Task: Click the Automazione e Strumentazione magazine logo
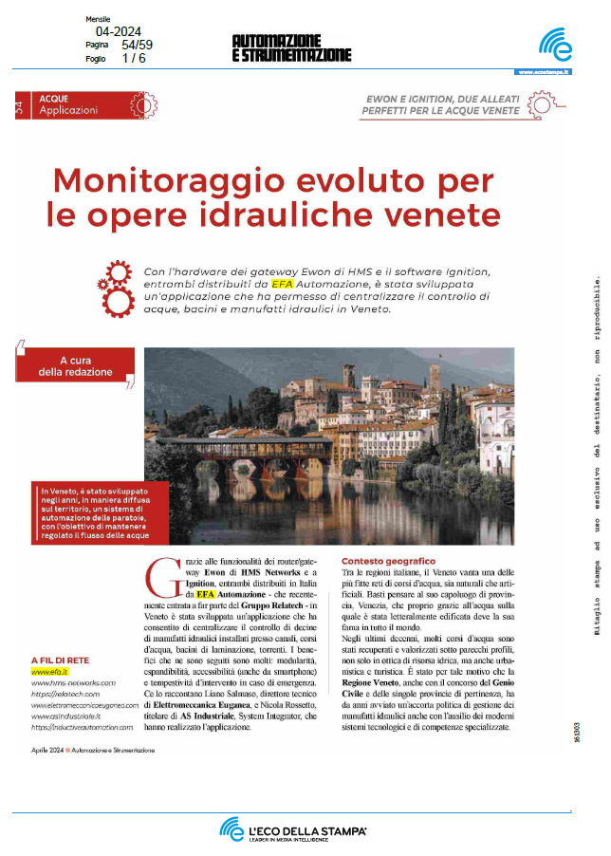tap(290, 47)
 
